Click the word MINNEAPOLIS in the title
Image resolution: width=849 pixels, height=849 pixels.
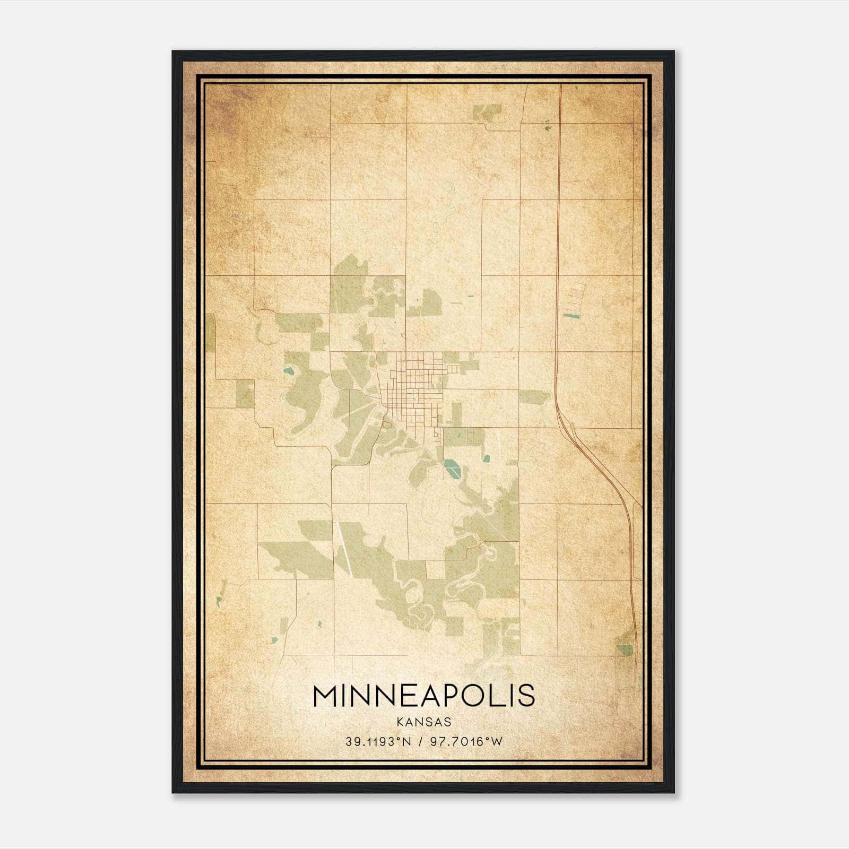point(423,696)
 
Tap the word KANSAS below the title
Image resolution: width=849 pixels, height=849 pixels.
point(423,722)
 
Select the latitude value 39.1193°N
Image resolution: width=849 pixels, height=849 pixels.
point(378,742)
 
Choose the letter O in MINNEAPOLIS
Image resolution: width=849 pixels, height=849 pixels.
point(471,696)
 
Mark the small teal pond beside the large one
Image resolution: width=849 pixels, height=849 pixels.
point(486,458)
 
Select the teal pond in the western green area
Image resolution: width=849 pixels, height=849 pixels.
point(289,372)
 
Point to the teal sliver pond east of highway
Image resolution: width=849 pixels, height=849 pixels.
point(571,316)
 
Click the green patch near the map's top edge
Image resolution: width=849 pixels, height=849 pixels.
point(487,112)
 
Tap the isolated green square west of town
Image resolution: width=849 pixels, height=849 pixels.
point(245,394)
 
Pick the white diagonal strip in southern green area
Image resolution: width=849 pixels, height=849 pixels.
point(344,550)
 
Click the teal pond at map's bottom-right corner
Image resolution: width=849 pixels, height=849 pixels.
point(625,649)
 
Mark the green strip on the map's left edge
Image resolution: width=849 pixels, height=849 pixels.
point(211,332)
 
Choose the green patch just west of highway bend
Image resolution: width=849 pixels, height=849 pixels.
point(534,396)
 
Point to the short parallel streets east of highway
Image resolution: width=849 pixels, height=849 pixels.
point(575,297)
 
